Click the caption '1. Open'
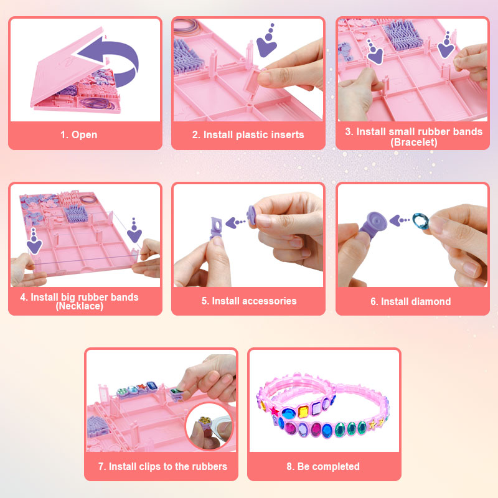tap(79, 134)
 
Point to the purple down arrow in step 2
tap(267, 41)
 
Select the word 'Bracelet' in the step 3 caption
tap(414, 143)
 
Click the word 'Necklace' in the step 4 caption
tap(80, 306)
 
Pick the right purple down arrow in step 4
tap(134, 231)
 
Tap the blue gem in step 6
tap(421, 220)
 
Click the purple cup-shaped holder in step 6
tap(374, 223)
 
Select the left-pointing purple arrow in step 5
tap(235, 223)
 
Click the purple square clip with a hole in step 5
tap(216, 228)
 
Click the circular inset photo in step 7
tap(209, 426)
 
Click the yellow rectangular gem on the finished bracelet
tap(303, 411)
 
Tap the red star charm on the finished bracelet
tap(274, 411)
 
